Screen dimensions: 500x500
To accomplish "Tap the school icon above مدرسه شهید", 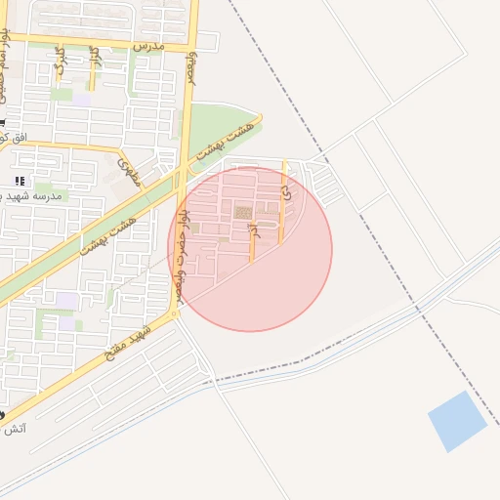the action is tap(20, 182).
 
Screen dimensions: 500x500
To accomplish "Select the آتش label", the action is tap(15, 429).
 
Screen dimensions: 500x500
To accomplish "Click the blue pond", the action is tap(457, 421).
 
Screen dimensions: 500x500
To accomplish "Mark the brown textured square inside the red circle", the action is tap(242, 212).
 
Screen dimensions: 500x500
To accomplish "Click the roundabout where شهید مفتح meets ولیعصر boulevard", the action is tap(174, 313).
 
